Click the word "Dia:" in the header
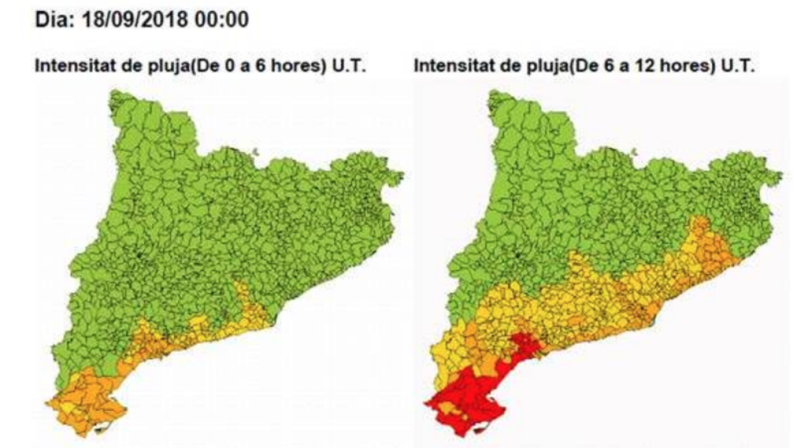tap(54, 21)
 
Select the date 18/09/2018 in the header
tap(132, 21)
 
